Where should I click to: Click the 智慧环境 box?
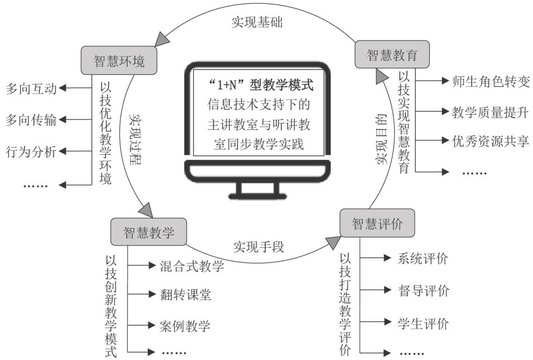(x=119, y=60)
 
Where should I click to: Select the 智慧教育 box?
(x=392, y=54)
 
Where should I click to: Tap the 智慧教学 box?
(x=149, y=231)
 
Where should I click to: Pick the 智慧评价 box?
(x=377, y=223)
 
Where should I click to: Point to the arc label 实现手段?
(x=259, y=247)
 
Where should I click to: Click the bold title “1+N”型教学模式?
(x=258, y=86)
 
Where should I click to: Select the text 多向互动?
(x=31, y=89)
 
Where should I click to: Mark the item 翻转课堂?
(x=186, y=295)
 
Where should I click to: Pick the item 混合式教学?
(x=192, y=266)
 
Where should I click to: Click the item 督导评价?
(x=424, y=291)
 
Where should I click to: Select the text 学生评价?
(x=424, y=322)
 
